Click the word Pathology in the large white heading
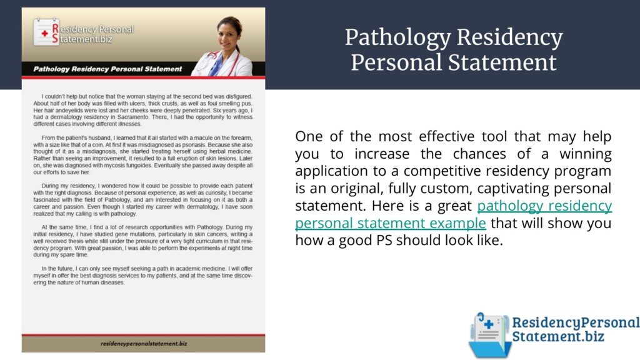[398, 38]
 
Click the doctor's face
[228, 36]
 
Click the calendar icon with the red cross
[45, 32]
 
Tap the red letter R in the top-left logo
[56, 29]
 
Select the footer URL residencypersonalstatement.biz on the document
[144, 344]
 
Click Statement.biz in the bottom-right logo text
[558, 336]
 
